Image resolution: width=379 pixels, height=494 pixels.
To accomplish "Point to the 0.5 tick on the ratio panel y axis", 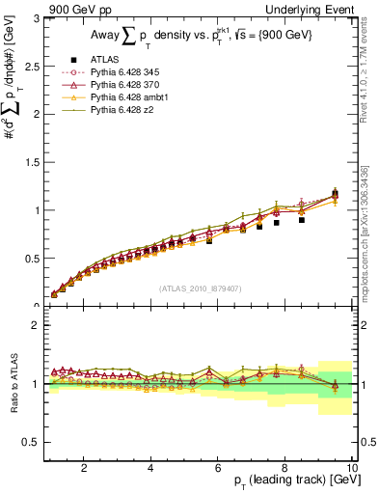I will point(31,442).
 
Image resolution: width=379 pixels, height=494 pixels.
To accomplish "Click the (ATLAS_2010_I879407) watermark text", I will point(201,288).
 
